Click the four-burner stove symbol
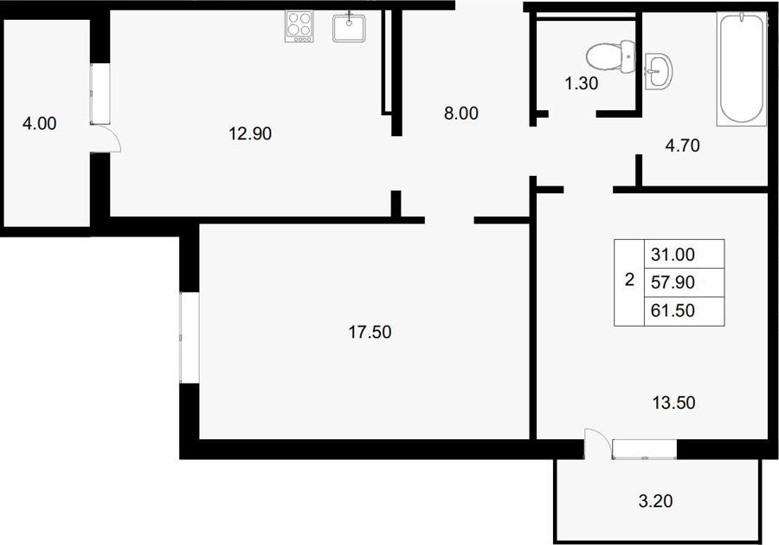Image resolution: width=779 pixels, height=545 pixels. point(299,26)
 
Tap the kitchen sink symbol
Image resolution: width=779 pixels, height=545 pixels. point(349,28)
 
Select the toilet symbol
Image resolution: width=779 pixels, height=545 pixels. point(610,57)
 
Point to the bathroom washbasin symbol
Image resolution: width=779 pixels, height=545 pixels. point(659,72)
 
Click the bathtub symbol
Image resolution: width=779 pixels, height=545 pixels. point(742,68)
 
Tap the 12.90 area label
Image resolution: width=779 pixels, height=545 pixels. point(250,133)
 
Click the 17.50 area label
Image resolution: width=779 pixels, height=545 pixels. point(370,332)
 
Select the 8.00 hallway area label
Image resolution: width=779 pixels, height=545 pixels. point(461,114)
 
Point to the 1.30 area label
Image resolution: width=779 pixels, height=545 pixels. point(582,83)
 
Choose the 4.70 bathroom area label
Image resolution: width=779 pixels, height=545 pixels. point(682,146)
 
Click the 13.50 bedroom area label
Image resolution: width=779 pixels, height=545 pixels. point(673,402)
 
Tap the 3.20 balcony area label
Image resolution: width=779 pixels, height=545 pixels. point(655,501)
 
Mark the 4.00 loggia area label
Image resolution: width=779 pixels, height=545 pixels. point(39,123)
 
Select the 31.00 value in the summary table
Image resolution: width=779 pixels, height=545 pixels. point(673,255)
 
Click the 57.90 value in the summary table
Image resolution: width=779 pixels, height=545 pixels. point(673,282)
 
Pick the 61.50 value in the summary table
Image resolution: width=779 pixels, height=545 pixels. point(673,311)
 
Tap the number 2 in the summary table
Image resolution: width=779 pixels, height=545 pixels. point(629,280)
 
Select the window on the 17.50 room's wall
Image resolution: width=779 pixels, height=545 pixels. point(190,338)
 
